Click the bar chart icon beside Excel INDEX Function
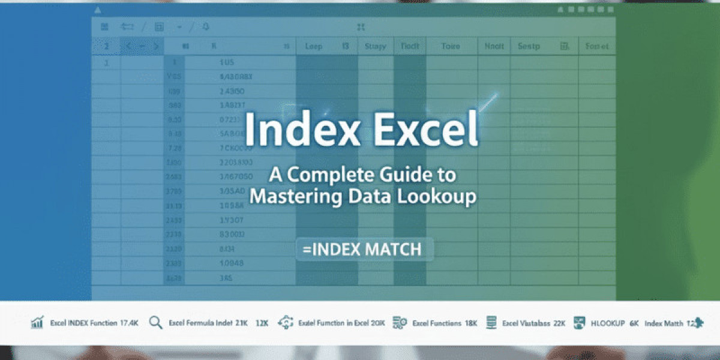(37, 323)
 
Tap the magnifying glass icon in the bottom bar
(156, 323)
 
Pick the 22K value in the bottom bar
(559, 323)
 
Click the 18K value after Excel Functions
(471, 323)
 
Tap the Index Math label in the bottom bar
(664, 323)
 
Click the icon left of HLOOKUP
(579, 323)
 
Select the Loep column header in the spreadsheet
(314, 46)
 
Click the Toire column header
(450, 46)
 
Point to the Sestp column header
(529, 46)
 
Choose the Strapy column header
(375, 46)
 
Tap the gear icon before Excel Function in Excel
(285, 323)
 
